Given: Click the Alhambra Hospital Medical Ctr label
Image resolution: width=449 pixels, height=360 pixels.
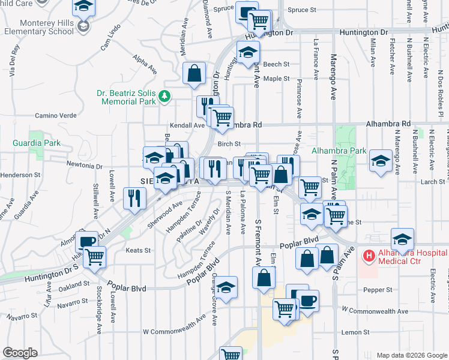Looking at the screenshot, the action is point(406,256).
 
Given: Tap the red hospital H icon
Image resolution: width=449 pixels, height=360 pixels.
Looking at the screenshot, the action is point(367,256).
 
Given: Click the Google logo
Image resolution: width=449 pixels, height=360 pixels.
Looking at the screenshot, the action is point(20,353).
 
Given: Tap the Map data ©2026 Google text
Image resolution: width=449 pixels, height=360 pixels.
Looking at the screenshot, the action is point(411,355).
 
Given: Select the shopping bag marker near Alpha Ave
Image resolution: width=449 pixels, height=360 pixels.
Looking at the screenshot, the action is point(194,74).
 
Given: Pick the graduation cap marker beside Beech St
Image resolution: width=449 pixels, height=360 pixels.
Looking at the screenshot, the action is point(248,53).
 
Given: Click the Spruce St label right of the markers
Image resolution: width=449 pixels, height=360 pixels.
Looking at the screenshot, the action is point(302,10).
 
